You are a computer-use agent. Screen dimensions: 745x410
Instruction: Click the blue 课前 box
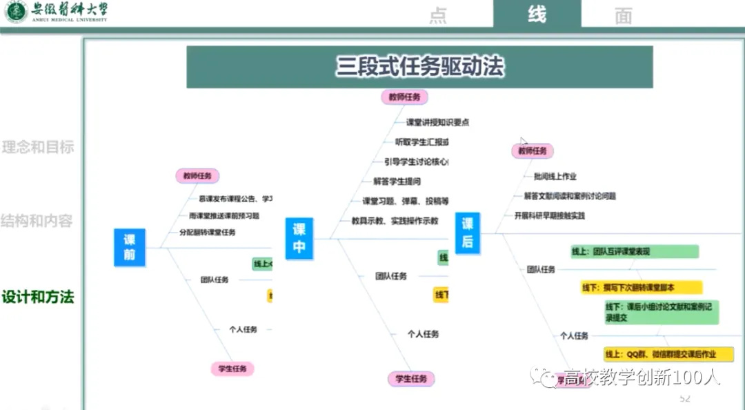130,248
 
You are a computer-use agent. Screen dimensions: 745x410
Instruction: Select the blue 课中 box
299,238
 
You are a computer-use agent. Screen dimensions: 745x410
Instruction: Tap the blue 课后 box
467,233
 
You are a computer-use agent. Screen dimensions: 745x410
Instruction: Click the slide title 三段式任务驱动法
419,67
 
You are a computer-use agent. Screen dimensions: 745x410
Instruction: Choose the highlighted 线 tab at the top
537,14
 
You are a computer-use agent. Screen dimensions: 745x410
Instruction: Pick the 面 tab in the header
623,16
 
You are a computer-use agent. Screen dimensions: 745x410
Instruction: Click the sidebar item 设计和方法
38,297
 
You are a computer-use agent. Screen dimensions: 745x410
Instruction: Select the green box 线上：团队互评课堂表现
635,251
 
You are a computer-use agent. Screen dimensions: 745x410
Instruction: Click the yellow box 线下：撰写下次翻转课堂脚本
641,287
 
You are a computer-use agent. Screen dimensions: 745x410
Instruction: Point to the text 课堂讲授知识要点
437,122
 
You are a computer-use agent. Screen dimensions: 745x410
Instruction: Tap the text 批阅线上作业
555,176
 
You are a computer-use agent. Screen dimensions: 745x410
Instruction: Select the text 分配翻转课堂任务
207,233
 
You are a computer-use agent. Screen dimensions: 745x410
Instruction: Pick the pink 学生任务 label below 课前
232,369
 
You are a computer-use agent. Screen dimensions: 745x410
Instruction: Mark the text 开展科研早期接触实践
549,215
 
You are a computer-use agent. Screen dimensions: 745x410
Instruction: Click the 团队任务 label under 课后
541,270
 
